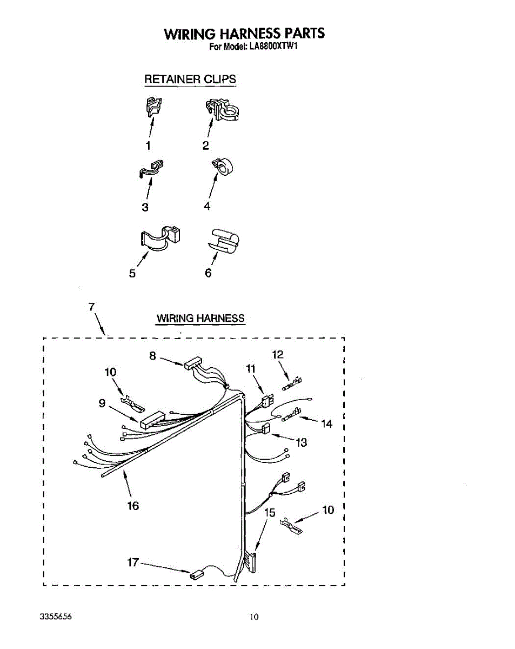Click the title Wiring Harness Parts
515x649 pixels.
pos(245,34)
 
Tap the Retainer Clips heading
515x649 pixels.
pos(190,79)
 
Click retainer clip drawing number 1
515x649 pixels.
pos(153,105)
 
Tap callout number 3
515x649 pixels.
pos(145,207)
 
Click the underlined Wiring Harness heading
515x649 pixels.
pos(200,319)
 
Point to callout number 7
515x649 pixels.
pos(92,307)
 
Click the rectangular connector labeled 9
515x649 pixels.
pos(152,420)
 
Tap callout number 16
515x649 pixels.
pos(133,506)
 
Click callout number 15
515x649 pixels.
pos(270,512)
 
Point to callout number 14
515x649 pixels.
pos(326,424)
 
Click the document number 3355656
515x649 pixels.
pos(56,617)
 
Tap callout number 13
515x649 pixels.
pos(301,442)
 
